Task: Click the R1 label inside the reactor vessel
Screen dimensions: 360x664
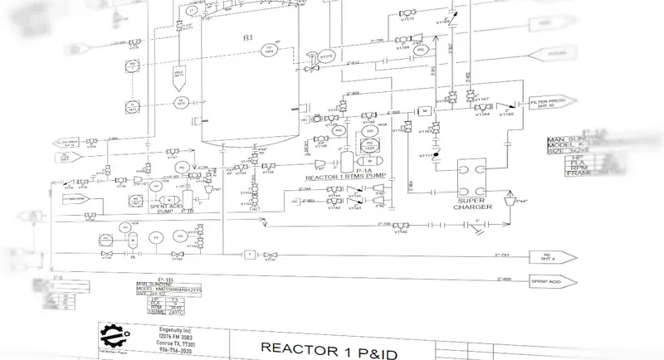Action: pos(247,39)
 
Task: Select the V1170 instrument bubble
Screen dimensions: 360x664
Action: pos(328,56)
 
